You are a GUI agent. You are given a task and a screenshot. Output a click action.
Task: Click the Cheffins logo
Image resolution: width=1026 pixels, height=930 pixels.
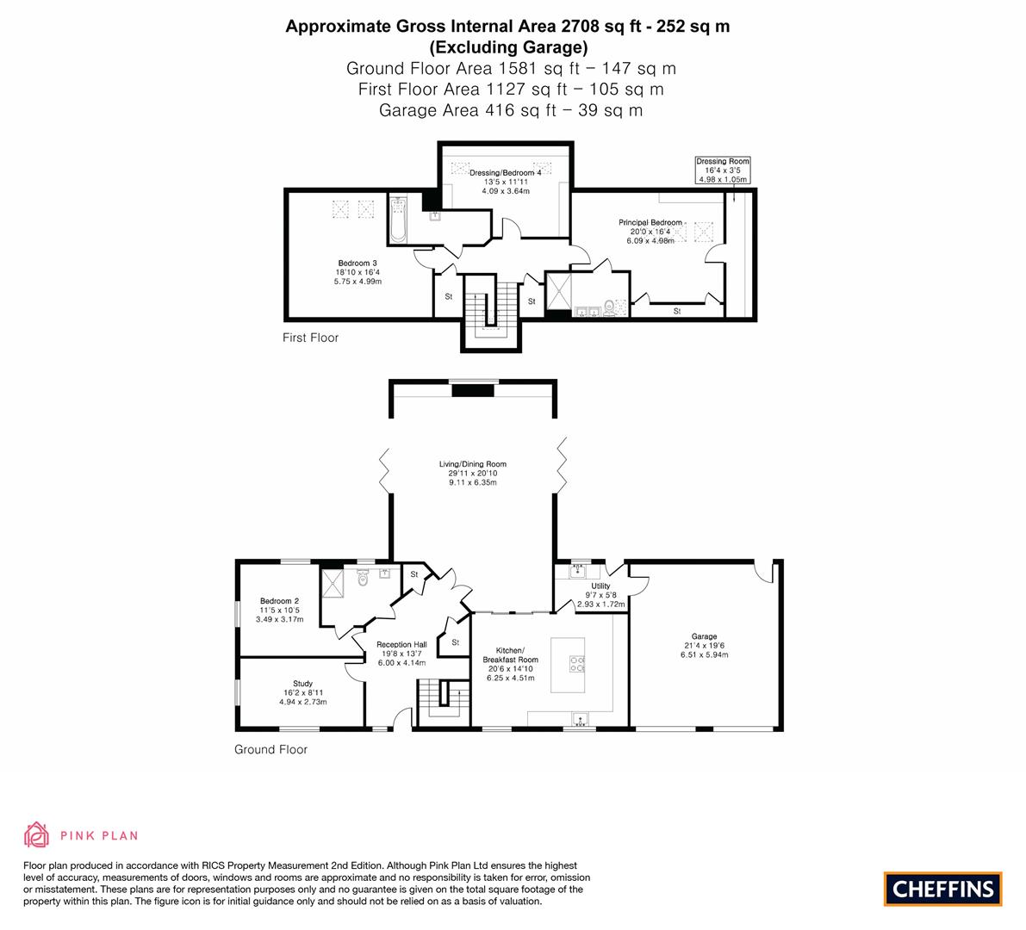pos(942,889)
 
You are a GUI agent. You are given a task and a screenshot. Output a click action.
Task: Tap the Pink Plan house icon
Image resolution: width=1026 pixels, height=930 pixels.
pos(37,834)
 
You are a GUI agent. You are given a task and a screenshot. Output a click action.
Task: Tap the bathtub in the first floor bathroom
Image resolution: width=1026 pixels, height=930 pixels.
pos(397,220)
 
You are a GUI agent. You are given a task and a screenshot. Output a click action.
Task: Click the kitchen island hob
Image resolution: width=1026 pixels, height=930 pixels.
pos(576,663)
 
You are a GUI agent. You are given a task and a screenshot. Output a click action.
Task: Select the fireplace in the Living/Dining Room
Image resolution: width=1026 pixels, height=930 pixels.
pos(475,391)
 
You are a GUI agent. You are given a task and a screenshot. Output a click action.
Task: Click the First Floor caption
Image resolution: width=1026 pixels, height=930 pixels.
pos(310,338)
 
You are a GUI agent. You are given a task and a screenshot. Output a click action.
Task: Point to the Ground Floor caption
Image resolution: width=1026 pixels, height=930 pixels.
pos(270,749)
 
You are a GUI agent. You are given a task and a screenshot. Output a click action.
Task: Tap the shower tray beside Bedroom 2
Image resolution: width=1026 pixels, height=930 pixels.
pos(333,584)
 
